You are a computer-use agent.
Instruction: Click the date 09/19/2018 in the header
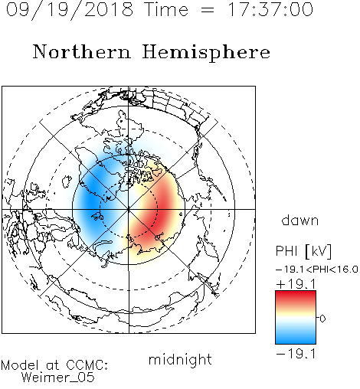click(69, 10)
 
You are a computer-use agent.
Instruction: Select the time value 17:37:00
click(270, 9)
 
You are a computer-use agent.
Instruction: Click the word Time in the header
click(166, 9)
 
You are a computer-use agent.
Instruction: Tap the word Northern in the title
click(81, 51)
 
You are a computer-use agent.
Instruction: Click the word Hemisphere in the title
click(206, 53)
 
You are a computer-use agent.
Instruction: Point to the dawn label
click(300, 220)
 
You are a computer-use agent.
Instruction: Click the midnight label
click(180, 360)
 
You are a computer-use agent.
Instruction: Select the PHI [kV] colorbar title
click(303, 251)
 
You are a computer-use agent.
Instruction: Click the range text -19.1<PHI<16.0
click(317, 270)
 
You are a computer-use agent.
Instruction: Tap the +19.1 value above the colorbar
click(296, 284)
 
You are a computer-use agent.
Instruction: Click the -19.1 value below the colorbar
click(296, 354)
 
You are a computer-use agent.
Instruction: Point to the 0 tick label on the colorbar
click(322, 319)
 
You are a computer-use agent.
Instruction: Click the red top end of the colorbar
click(296, 293)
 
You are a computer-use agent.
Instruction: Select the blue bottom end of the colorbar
click(296, 342)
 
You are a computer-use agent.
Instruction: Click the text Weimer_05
click(58, 378)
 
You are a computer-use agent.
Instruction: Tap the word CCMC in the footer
click(87, 365)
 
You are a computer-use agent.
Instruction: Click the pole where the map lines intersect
click(129, 209)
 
